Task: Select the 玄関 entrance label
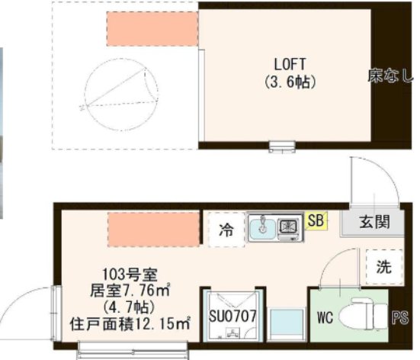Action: coord(374,223)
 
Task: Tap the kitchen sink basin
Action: coord(265,227)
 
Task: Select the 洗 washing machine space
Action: coord(383,267)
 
